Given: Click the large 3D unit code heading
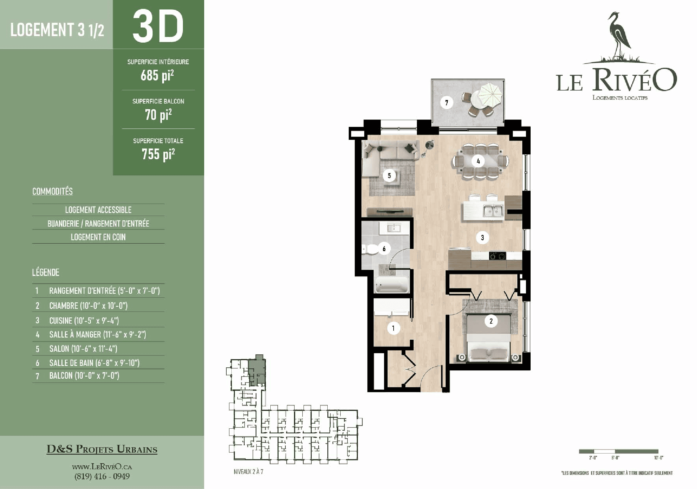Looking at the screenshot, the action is [158, 26].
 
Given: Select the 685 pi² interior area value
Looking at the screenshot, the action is [157, 75].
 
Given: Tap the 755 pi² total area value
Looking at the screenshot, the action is [158, 154].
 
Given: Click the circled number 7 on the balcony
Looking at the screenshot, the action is [446, 103].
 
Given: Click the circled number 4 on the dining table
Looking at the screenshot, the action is [478, 161].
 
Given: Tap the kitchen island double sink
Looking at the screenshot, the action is [493, 211].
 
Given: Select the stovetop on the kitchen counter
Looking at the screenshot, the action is [497, 256].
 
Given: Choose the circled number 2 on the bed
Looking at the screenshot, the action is [491, 321].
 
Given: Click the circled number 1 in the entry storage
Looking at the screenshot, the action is [394, 328].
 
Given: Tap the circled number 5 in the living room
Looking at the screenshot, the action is [389, 175].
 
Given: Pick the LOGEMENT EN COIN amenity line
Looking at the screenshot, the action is [98, 237].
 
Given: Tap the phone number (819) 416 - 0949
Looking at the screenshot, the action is [102, 476].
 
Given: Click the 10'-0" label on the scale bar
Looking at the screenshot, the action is [659, 458].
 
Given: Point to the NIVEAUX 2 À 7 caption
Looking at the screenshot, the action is [248, 472].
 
